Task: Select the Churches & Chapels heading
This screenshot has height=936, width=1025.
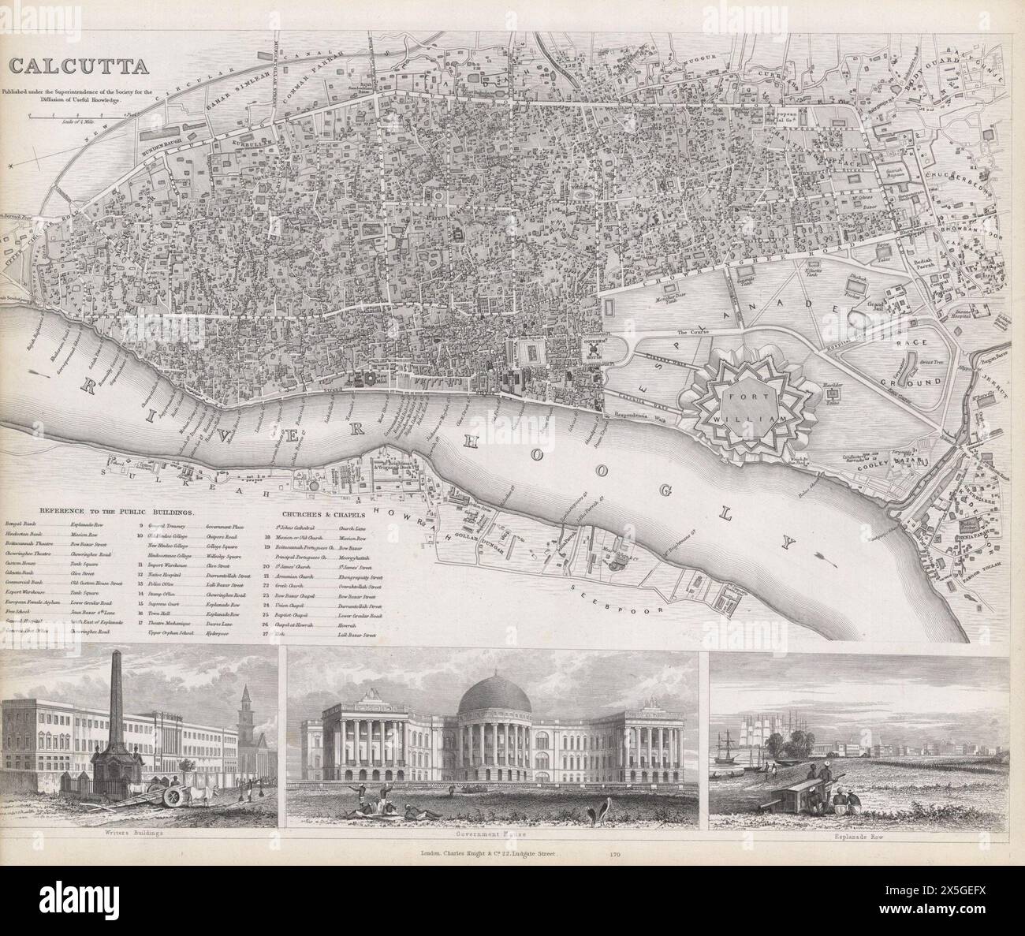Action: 317,516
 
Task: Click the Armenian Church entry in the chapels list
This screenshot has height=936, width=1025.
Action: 296,576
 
